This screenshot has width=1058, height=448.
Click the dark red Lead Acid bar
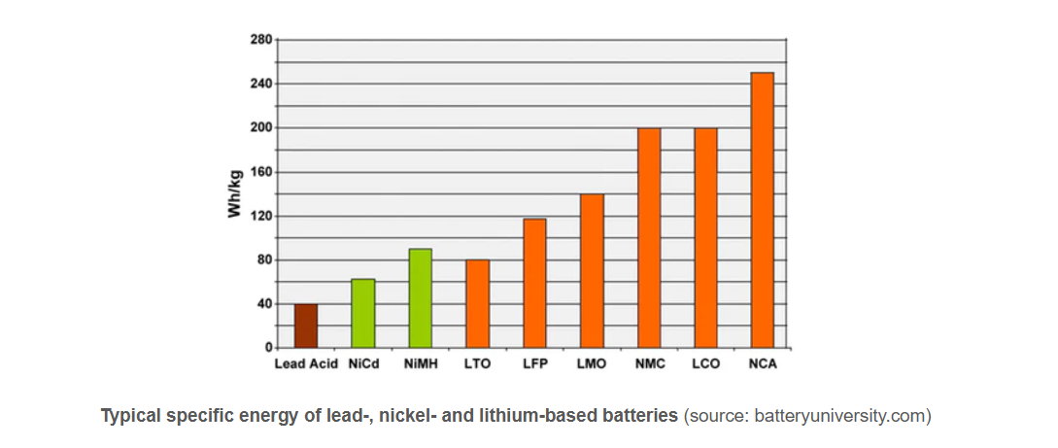(x=306, y=326)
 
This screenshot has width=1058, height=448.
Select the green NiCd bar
(x=363, y=313)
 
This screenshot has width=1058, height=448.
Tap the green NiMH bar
(x=420, y=298)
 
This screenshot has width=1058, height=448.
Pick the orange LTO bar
(x=477, y=303)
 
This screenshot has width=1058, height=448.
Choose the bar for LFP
(x=534, y=283)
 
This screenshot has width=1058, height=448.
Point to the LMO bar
(x=592, y=270)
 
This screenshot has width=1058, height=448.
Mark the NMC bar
(x=649, y=237)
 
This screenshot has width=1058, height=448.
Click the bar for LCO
(x=705, y=237)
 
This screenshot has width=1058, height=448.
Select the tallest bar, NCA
(x=763, y=210)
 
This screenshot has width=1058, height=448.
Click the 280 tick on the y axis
(x=259, y=40)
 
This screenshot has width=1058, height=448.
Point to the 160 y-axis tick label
(x=259, y=172)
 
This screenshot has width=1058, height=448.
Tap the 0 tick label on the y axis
(x=268, y=347)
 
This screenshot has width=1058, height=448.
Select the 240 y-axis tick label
(x=259, y=84)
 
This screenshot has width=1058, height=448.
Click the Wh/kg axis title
(x=235, y=193)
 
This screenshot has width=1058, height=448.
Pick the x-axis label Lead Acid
(x=306, y=364)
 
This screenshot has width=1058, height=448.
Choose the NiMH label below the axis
(x=420, y=364)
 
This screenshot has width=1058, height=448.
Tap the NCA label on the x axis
(x=763, y=364)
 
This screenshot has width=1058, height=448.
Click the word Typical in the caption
(x=130, y=416)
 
